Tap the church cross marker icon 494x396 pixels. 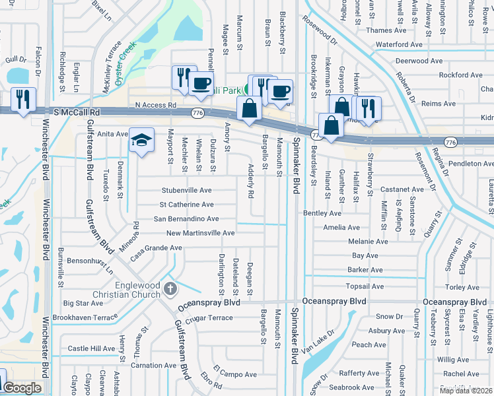pyautogui.click(x=170, y=288)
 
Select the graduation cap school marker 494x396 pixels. pyautogui.click(x=142, y=141)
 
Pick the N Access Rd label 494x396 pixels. pyautogui.click(x=155, y=105)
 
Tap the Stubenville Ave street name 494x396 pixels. pyautogui.click(x=187, y=190)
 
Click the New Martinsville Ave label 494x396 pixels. pyautogui.click(x=200, y=233)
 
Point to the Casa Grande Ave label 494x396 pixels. pyautogui.click(x=156, y=249)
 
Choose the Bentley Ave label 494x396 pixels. pyautogui.click(x=322, y=213)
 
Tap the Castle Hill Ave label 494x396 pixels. pyautogui.click(x=91, y=348)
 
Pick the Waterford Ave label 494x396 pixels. pyautogui.click(x=399, y=45)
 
